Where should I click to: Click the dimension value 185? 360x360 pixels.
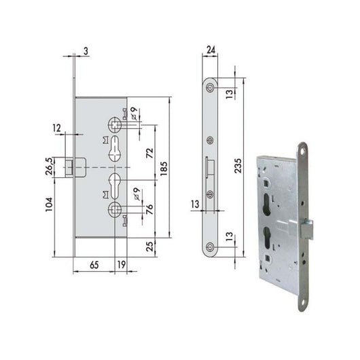164,168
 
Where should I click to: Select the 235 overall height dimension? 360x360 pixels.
238,166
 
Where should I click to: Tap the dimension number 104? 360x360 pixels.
49,204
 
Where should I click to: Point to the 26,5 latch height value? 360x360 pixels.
50,166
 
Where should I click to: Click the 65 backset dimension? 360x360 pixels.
94,265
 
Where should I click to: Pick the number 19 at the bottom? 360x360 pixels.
122,265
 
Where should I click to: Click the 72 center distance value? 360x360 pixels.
149,153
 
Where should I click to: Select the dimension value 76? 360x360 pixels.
149,209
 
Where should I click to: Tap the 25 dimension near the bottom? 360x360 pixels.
149,247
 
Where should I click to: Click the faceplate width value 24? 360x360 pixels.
211,50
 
